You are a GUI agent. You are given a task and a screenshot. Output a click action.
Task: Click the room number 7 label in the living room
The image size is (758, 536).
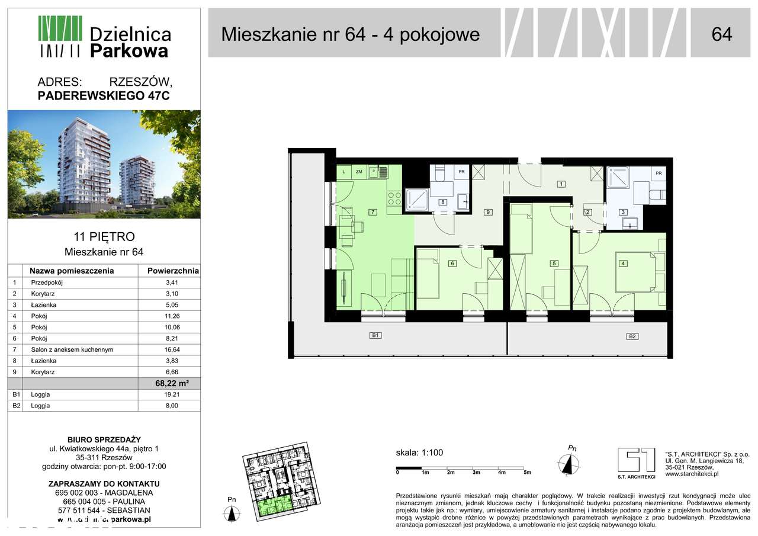(x=372, y=211)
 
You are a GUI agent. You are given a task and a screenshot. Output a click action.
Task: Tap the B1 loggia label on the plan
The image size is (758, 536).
(x=374, y=335)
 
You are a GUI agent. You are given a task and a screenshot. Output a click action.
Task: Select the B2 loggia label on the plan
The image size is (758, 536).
(x=632, y=336)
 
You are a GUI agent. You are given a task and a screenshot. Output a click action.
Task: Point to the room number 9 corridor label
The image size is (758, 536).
(x=488, y=211)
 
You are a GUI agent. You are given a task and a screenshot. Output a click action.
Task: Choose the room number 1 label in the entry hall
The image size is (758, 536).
(x=561, y=184)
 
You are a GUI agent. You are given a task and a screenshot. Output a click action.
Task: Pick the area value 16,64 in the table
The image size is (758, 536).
(x=172, y=349)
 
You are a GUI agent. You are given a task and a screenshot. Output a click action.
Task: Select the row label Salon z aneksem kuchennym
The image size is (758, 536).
(x=72, y=349)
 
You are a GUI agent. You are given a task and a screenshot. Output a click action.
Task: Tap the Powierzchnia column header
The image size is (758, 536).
(x=169, y=271)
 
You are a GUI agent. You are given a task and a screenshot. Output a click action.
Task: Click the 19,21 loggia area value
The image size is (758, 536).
(x=172, y=394)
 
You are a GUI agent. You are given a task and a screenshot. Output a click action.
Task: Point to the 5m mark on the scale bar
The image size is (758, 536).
(x=527, y=473)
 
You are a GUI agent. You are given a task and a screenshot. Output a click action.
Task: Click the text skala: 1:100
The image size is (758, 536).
(x=419, y=453)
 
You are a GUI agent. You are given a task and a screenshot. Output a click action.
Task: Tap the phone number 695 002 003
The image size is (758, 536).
(x=75, y=493)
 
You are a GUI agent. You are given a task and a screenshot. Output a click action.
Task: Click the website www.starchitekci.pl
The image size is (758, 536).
(x=692, y=473)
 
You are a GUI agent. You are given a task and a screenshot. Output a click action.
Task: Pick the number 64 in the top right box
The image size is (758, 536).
(x=722, y=34)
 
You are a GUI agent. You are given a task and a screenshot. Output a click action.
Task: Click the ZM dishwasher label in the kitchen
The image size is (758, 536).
(x=359, y=172)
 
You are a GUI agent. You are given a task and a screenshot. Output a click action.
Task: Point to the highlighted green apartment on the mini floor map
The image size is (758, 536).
(x=272, y=506)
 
